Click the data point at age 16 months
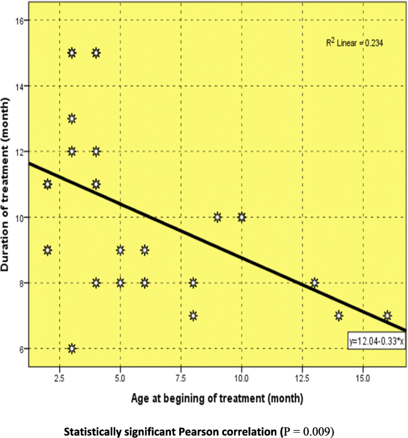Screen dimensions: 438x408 coord(387,315)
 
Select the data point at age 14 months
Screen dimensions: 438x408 coord(339,315)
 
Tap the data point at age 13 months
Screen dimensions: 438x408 coord(314,282)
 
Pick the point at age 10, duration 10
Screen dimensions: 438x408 coord(241,217)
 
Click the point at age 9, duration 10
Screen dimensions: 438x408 coord(217,217)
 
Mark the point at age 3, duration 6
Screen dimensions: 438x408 coord(72,349)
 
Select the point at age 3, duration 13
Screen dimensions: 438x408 coord(72,119)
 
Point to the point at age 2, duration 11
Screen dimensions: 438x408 coord(48,184)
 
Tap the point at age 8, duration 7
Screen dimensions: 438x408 coord(193,315)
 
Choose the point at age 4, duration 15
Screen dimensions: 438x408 coord(96,53)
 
